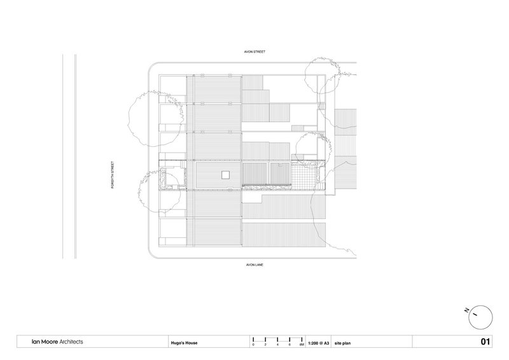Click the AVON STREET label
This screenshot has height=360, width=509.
click(x=254, y=52)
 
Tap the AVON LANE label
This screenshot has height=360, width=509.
click(x=254, y=265)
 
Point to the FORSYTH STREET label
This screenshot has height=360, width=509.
click(x=113, y=175)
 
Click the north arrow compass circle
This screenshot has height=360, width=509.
click(x=480, y=317)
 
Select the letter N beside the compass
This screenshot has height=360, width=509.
click(x=466, y=310)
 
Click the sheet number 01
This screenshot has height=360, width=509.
click(x=485, y=342)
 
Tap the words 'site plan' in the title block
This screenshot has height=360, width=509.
click(x=342, y=343)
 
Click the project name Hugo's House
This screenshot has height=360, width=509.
click(x=184, y=343)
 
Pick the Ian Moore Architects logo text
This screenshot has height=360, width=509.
click(x=57, y=342)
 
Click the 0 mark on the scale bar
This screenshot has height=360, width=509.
click(x=253, y=345)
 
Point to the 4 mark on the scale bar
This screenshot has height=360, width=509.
click(x=277, y=345)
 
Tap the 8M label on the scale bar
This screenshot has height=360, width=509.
click(x=302, y=345)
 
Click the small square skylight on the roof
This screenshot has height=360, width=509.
click(x=226, y=176)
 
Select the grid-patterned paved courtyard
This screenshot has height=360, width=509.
click(x=303, y=176)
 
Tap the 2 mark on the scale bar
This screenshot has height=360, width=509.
click(x=265, y=345)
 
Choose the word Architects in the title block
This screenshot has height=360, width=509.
click(x=71, y=342)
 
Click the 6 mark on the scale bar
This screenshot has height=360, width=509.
click(x=289, y=345)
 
